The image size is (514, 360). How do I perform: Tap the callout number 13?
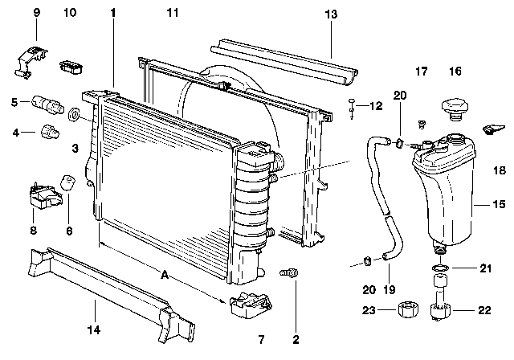point(332,14)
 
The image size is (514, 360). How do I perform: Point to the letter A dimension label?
point(165,275)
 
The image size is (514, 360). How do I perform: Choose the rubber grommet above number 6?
point(70,179)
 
